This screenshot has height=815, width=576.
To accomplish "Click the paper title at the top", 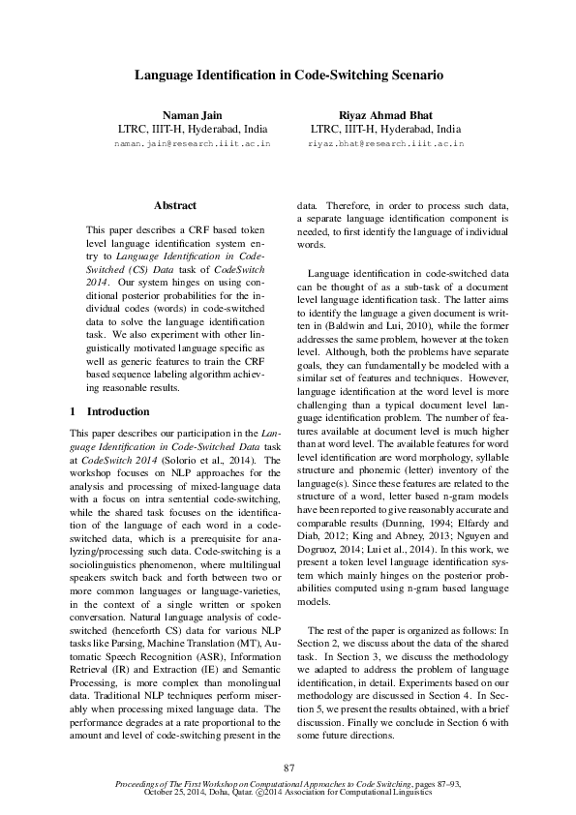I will pyautogui.click(x=288, y=75).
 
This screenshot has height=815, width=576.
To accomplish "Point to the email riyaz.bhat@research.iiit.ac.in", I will pyautogui.click(x=385, y=143).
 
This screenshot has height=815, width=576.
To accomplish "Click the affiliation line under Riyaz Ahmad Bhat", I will pyautogui.click(x=385, y=128).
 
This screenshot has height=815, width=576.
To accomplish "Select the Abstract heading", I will pyautogui.click(x=175, y=205).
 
